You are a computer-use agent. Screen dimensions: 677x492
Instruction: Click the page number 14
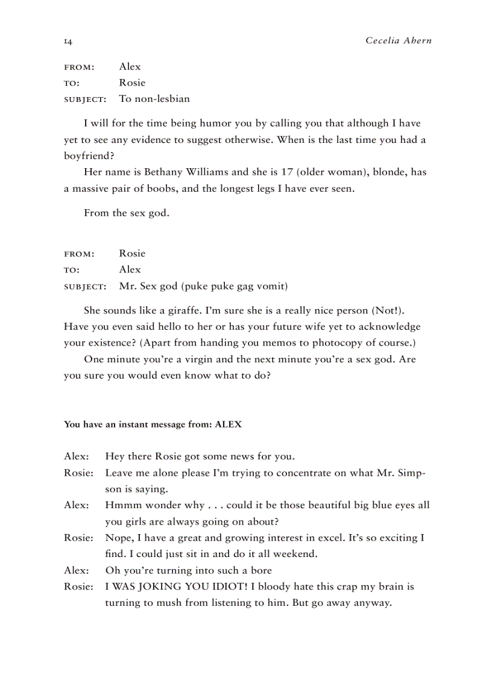point(68,41)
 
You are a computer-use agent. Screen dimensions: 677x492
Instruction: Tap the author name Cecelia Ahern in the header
point(399,41)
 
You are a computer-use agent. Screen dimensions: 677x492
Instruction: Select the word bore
point(260,570)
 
